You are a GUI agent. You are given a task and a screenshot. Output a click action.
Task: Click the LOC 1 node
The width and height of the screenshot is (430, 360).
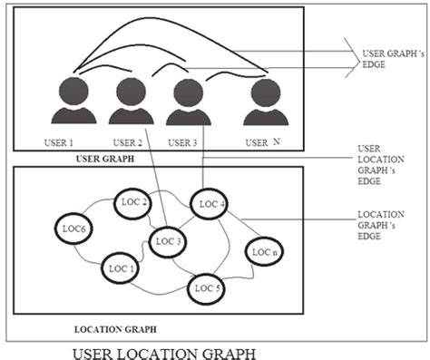pos(121,268)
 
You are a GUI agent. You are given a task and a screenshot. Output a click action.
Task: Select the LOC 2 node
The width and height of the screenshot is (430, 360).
pos(134,204)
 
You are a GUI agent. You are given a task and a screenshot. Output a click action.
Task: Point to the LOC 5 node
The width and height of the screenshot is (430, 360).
pos(207,288)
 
